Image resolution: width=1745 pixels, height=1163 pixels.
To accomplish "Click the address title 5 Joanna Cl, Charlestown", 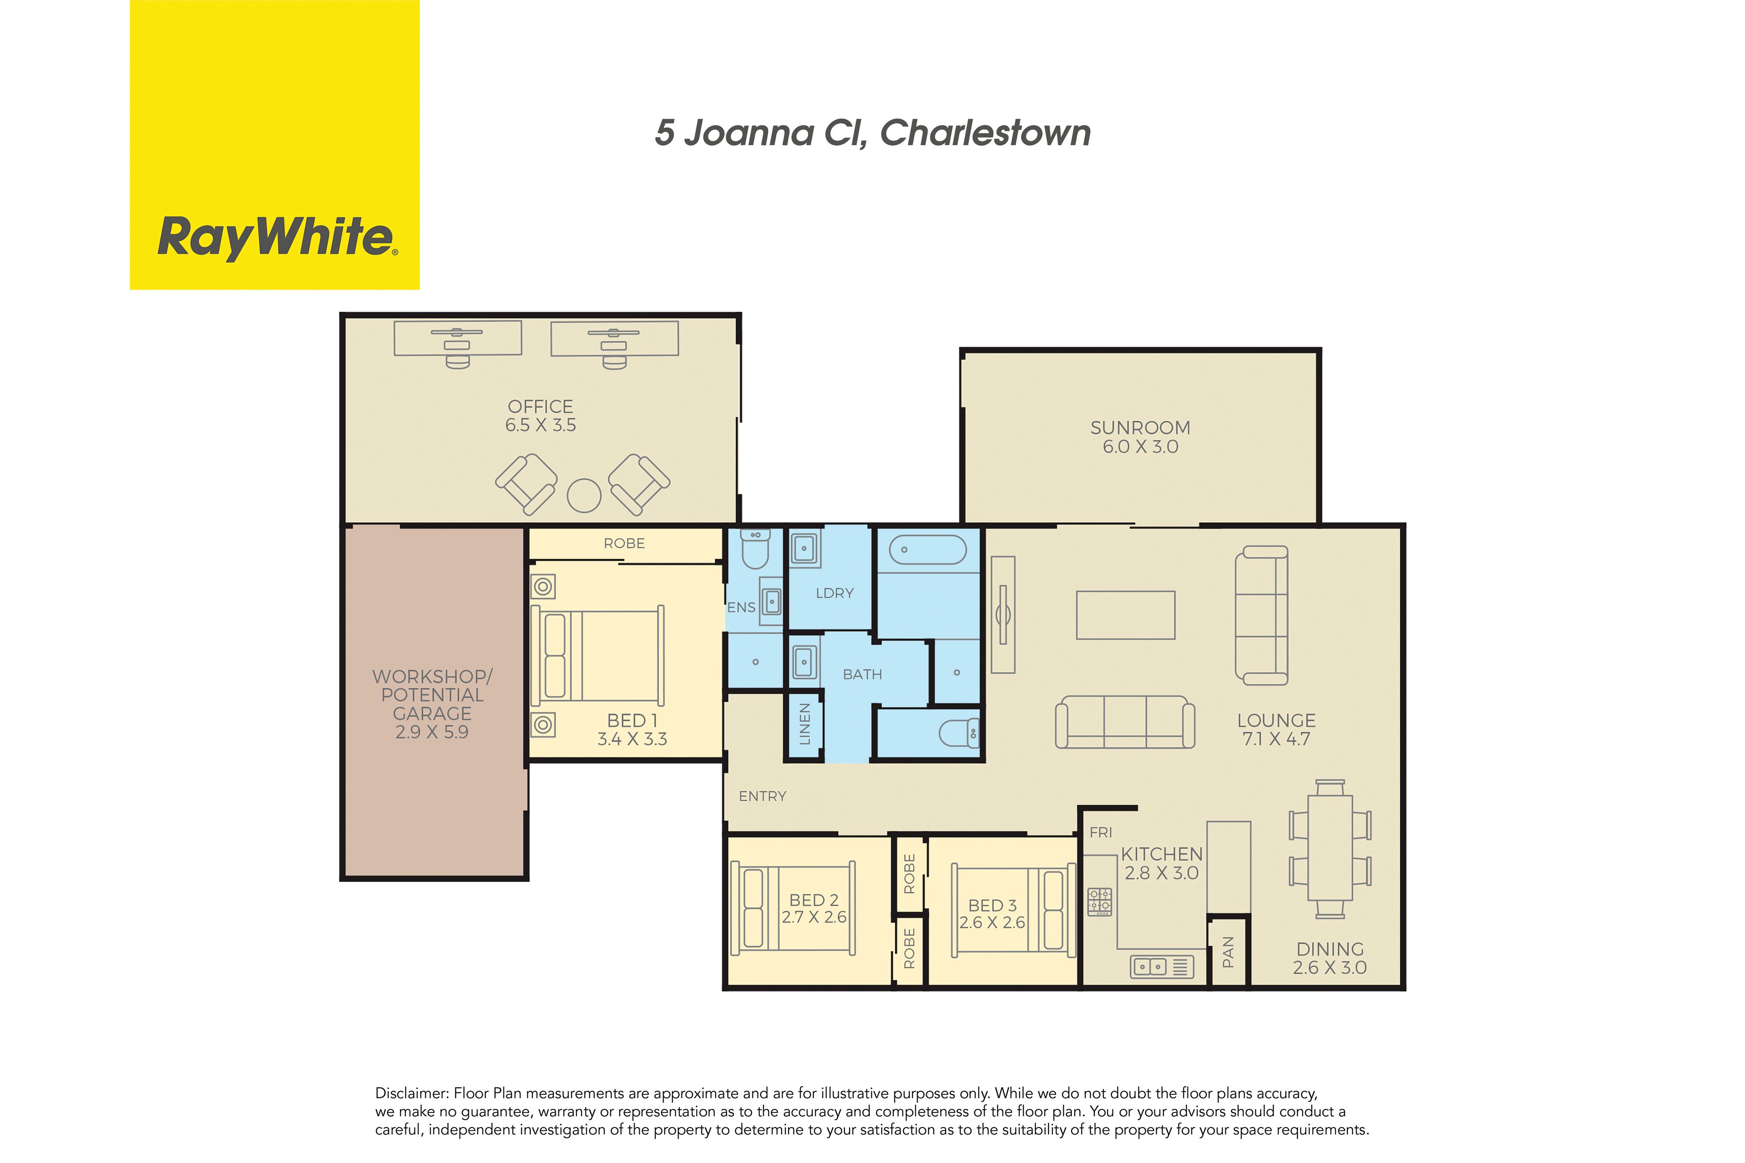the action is [872, 133].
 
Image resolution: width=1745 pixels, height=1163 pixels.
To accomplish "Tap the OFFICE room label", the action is [540, 406].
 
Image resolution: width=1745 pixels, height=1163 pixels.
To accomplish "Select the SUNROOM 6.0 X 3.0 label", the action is [1140, 437].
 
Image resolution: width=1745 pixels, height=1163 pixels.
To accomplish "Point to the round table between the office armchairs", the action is [584, 495].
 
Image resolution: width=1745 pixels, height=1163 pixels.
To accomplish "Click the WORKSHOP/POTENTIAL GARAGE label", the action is [432, 695].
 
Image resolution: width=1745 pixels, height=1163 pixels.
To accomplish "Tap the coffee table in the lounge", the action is [1126, 615].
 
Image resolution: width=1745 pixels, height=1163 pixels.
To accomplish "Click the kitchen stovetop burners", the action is [1099, 901].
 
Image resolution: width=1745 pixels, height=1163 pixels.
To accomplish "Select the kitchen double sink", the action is [1149, 966].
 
